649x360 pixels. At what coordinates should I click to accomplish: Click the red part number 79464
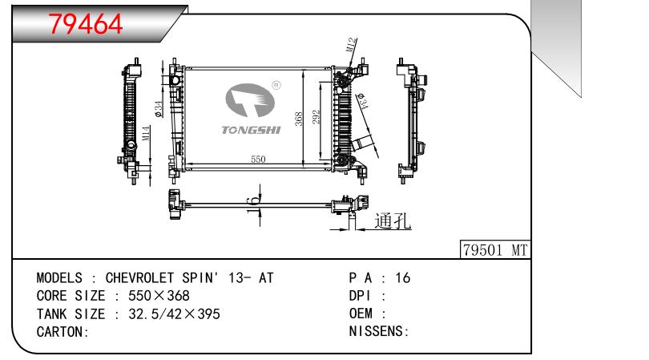pos(86,24)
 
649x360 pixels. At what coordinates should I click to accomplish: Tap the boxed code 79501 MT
pos(495,250)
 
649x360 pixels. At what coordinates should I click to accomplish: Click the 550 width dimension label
pos(258,160)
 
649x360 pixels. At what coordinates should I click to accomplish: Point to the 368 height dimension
pos(299,119)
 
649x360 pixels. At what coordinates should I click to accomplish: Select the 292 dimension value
pos(316,118)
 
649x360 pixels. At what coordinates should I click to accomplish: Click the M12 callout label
pos(352,45)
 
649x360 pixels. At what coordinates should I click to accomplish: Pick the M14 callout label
pos(147,134)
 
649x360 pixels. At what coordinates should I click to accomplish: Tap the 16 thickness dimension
pos(254,205)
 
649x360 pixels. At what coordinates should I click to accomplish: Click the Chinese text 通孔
pos(393,220)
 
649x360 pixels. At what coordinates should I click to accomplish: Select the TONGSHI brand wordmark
pos(251,131)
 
